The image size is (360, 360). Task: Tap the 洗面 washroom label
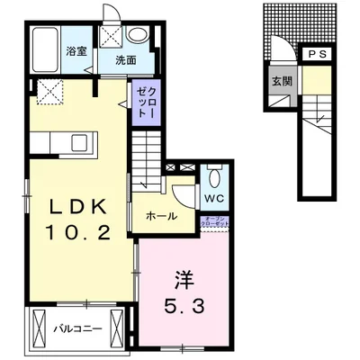(x=125, y=61)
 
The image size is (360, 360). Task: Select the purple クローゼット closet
(x=145, y=103)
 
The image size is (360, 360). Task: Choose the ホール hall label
(x=161, y=216)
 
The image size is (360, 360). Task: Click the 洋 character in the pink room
(x=184, y=276)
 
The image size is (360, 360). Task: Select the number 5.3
(x=184, y=305)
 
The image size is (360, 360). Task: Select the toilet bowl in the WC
(x=213, y=175)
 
